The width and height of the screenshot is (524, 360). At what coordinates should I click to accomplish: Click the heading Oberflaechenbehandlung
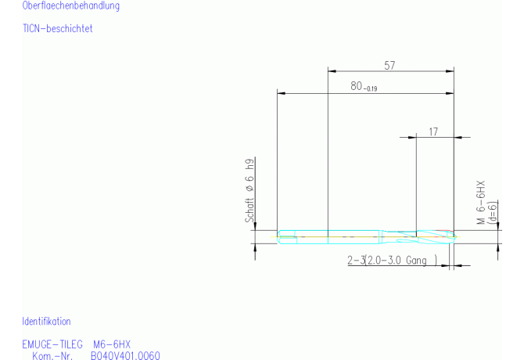[71, 6]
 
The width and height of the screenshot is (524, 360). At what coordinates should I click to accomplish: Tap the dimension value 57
[389, 66]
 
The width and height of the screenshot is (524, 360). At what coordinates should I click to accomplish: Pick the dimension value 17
[433, 131]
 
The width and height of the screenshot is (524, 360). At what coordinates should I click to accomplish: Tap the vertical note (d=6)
[493, 212]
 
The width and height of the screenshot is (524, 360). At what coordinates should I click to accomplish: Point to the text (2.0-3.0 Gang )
[400, 260]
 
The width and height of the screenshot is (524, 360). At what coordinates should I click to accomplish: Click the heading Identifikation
[46, 322]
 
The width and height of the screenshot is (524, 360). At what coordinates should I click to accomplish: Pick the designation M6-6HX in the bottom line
[112, 344]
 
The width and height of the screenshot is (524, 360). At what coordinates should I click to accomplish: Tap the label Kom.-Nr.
[52, 355]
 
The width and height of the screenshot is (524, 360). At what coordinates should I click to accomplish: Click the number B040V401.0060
[125, 355]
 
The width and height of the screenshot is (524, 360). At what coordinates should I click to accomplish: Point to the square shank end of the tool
[287, 236]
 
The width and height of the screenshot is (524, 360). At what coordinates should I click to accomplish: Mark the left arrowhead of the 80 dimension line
[281, 93]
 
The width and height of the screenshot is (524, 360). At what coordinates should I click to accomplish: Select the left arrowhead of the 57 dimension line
[330, 72]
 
